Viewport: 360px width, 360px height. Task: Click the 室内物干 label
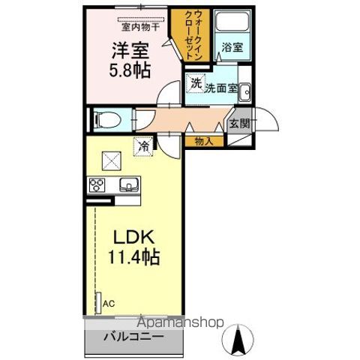click(x=141, y=27)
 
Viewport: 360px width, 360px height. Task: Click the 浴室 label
click(x=232, y=46)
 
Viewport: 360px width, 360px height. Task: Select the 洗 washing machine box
click(x=195, y=83)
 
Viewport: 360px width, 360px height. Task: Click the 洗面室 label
click(x=222, y=88)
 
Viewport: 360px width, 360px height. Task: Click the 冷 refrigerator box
click(x=142, y=146)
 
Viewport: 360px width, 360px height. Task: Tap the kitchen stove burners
click(x=97, y=184)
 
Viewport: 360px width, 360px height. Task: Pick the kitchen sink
click(x=128, y=184)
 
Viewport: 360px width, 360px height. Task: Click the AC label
click(x=109, y=303)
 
